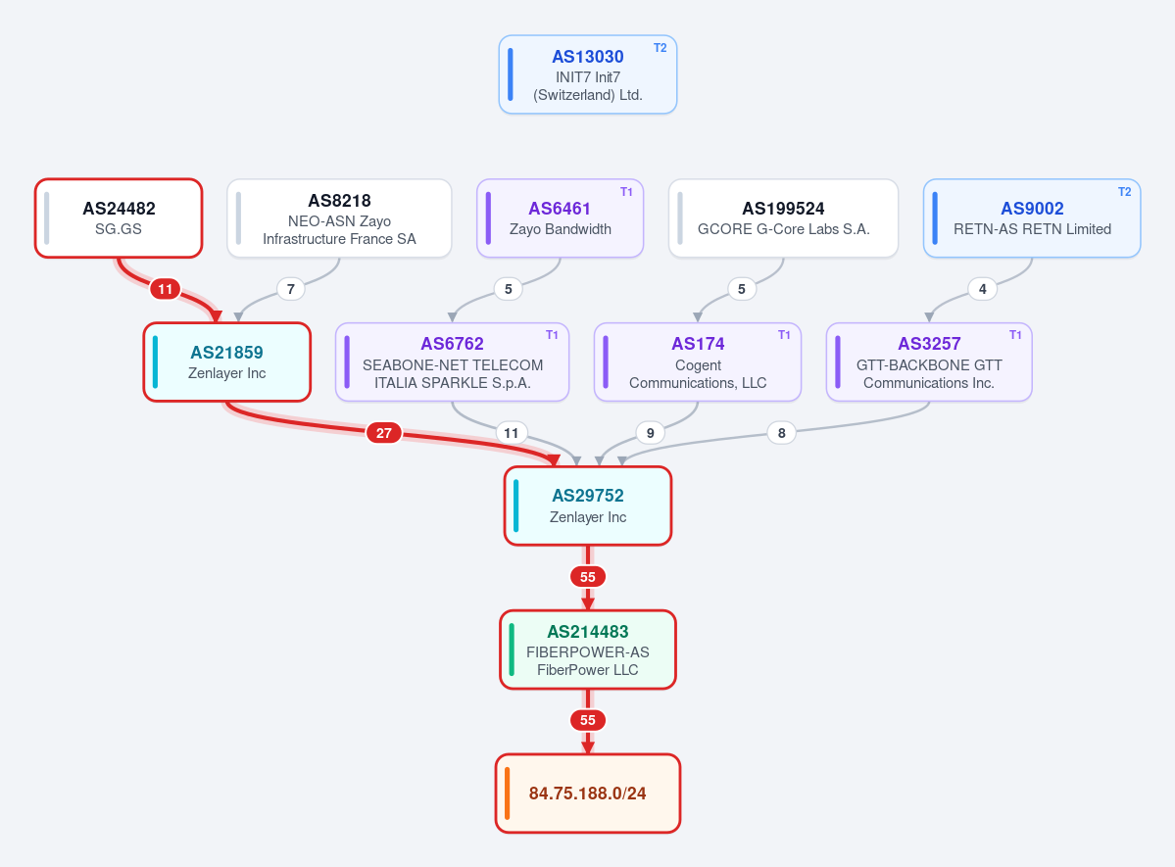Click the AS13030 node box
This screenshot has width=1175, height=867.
(588, 74)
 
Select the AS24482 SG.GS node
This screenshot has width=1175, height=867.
(119, 218)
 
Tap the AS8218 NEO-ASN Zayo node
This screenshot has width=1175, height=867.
(339, 218)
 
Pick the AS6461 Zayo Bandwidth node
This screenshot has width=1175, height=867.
(560, 218)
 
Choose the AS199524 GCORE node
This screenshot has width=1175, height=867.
(783, 218)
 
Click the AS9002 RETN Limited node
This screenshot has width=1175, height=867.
(1032, 218)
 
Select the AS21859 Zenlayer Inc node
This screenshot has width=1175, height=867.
(227, 361)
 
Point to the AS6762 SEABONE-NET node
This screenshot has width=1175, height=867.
(452, 361)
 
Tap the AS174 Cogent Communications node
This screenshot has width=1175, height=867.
(698, 361)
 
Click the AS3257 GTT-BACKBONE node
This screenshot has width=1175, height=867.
(929, 361)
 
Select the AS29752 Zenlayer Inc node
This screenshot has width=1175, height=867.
(588, 506)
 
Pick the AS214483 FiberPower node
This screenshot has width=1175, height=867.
(588, 650)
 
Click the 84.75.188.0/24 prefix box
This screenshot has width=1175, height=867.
(588, 793)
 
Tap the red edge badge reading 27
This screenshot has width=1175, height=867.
(384, 433)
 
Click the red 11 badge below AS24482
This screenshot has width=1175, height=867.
(165, 289)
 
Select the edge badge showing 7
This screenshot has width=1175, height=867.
(291, 289)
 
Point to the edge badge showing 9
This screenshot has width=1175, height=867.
(651, 433)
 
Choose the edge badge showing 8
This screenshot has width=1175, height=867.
(782, 433)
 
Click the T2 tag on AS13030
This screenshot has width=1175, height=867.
(661, 48)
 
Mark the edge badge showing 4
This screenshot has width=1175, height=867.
(982, 289)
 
